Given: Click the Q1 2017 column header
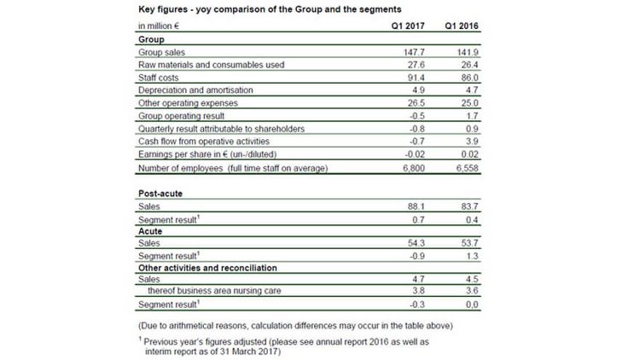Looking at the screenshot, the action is click(408, 26).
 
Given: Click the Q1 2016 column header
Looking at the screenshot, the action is click(462, 26).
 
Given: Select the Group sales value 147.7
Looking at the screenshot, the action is click(414, 52).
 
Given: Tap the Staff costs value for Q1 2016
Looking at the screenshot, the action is click(470, 78).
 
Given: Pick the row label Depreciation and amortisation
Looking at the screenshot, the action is click(195, 90).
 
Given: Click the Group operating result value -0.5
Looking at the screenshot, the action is click(416, 116).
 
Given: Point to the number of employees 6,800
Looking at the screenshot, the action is click(414, 168).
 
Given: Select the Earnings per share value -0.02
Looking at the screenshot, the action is click(415, 154).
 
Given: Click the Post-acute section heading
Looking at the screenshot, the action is click(160, 194).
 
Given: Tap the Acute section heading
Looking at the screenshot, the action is click(150, 231).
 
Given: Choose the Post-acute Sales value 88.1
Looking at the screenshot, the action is click(416, 206).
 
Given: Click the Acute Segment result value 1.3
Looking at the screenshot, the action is click(472, 256).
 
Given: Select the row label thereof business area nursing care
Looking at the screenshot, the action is click(214, 291).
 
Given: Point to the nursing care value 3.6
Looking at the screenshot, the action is click(472, 291).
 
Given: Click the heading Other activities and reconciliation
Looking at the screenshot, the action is click(207, 268).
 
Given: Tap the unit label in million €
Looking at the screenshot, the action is click(159, 26).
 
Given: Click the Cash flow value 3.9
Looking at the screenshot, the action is click(472, 142).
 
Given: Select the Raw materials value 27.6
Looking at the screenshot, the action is click(416, 65).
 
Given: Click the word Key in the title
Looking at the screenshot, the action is click(147, 9).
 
